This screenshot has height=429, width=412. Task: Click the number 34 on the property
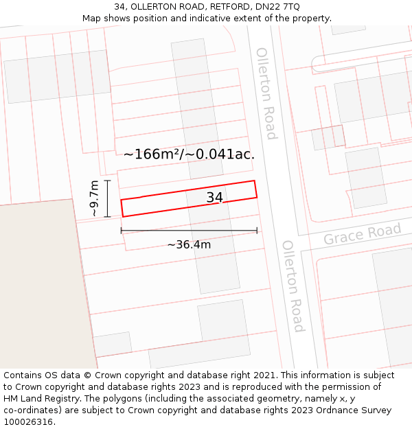coord(215,198)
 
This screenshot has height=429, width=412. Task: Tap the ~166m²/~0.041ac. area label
coord(189,154)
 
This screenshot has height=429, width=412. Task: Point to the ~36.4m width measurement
coord(189,244)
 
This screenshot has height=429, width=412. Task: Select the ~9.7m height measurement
coord(95,198)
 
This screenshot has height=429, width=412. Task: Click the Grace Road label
coord(362,234)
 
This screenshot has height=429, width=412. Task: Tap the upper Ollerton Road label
coord(266,93)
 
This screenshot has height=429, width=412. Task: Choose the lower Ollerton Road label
coord(293,286)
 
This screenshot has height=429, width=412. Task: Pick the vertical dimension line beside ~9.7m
coord(108,198)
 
